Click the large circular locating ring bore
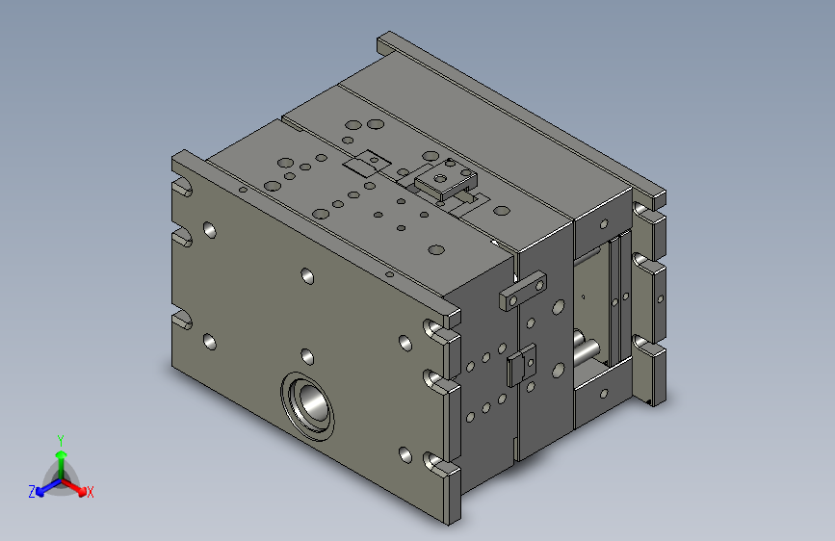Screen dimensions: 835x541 (308, 406)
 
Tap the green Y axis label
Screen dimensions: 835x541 (61, 441)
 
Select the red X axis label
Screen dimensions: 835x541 (90, 492)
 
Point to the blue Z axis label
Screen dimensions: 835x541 (32, 492)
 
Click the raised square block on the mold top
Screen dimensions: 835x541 (446, 178)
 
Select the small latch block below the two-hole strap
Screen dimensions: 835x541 (521, 365)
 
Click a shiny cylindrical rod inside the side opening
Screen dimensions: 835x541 (587, 351)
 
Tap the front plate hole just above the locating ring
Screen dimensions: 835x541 (307, 356)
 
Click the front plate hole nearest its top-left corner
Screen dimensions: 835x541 (210, 230)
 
